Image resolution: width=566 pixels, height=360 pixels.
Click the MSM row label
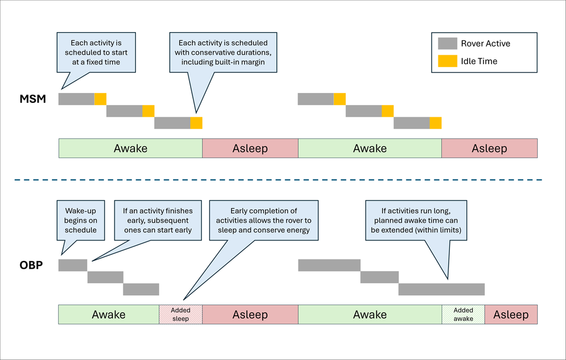[x=33, y=98]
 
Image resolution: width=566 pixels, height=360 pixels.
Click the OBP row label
[x=31, y=265]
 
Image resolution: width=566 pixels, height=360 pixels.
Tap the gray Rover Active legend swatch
[x=447, y=43]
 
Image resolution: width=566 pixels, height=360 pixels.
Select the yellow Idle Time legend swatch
[x=447, y=61]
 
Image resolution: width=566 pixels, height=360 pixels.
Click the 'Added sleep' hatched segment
[x=181, y=315]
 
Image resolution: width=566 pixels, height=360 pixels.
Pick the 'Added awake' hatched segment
[x=463, y=315]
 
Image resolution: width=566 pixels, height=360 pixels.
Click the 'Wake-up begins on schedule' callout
[x=81, y=220]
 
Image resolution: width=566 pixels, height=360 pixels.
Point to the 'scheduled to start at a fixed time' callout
[x=96, y=53]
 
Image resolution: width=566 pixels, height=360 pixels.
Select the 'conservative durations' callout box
[x=223, y=53]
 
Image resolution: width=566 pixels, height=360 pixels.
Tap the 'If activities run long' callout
[x=416, y=220]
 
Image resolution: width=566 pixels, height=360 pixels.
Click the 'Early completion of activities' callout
[x=264, y=220]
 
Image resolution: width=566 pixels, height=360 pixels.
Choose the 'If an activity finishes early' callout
[x=158, y=220]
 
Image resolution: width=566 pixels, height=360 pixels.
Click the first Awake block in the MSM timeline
[x=130, y=148]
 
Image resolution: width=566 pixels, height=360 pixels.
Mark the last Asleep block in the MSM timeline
[x=490, y=148]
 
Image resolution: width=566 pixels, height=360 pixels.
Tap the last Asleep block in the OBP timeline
[x=511, y=315]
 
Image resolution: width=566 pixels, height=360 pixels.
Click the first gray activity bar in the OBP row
[x=73, y=265]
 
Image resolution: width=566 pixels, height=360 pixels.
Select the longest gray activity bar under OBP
[x=442, y=289]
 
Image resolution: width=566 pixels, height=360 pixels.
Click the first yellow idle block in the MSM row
[x=101, y=99]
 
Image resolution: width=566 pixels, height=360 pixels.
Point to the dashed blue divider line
[x=278, y=180]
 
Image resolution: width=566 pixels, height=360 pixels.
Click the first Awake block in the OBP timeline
[x=109, y=315]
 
